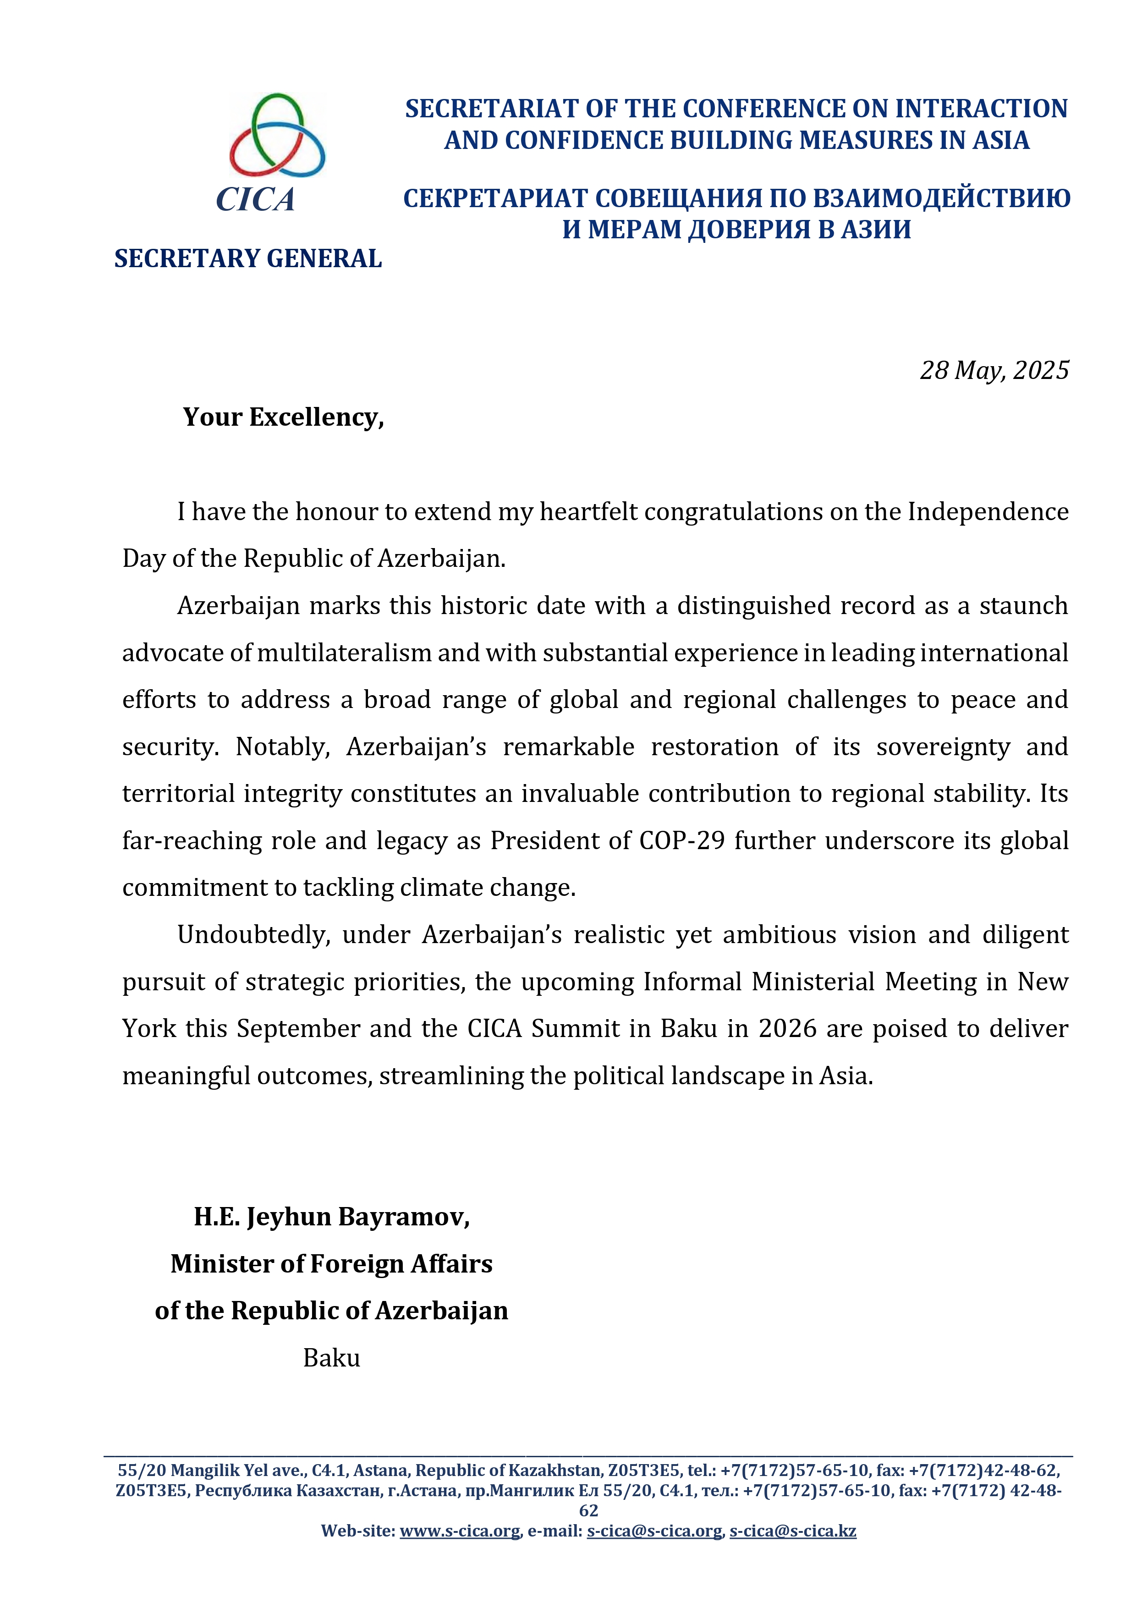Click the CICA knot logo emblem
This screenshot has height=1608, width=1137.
[x=277, y=135]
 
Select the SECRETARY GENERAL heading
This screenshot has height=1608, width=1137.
[x=248, y=258]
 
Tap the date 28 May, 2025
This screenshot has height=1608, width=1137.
[x=994, y=370]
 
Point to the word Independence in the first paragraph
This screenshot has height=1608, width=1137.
[x=988, y=511]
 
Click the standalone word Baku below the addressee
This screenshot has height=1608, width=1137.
[x=331, y=1358]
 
